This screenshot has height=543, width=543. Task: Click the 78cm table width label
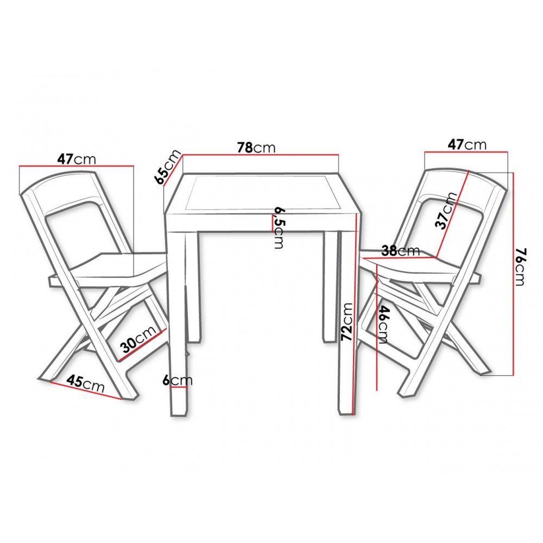(256, 148)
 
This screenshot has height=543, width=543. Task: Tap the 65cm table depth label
(168, 167)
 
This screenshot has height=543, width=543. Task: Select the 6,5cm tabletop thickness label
(279, 228)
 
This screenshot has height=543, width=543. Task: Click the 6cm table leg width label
(178, 381)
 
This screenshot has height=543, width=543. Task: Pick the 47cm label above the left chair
(76, 159)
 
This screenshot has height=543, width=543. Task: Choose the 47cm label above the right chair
(467, 144)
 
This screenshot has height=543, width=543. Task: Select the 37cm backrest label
(446, 210)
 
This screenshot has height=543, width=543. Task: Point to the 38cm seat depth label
(400, 250)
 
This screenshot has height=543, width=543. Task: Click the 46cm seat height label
(383, 324)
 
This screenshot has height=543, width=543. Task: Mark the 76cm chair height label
(521, 266)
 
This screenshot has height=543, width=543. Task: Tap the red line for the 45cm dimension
(86, 390)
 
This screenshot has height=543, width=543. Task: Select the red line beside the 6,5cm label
(271, 222)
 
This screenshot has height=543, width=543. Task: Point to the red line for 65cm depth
(172, 170)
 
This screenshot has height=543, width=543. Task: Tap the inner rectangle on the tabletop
(262, 193)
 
